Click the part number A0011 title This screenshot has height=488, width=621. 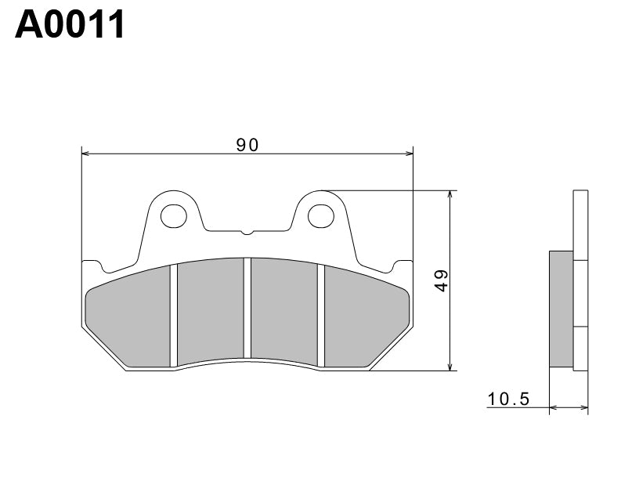click(x=70, y=25)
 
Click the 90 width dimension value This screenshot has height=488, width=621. click(x=247, y=144)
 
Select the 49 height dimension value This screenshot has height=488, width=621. click(x=441, y=280)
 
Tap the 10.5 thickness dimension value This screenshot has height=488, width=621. click(x=508, y=399)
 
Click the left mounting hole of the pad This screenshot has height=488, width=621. click(x=174, y=214)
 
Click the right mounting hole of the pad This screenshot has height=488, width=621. click(x=320, y=214)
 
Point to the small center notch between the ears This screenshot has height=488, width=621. click(x=247, y=232)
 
